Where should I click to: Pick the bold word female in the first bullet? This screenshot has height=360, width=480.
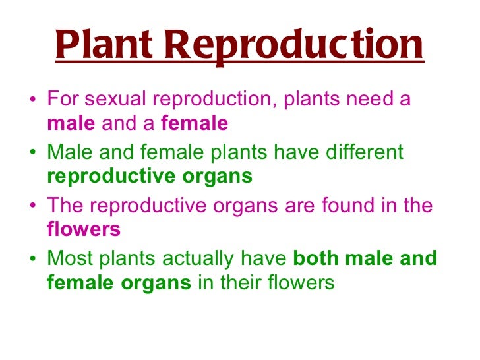pyautogui.click(x=195, y=123)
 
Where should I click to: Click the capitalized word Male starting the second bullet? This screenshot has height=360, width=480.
pyautogui.click(x=69, y=153)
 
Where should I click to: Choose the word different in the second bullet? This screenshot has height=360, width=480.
pyautogui.click(x=361, y=153)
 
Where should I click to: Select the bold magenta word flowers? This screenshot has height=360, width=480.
pyautogui.click(x=84, y=229)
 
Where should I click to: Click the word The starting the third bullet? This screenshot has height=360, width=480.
pyautogui.click(x=66, y=206)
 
